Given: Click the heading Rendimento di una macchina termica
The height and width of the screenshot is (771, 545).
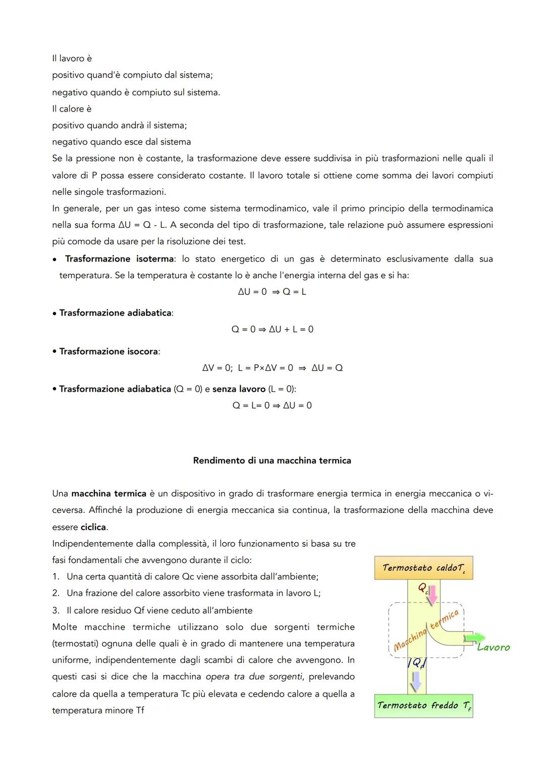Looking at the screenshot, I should [272, 460].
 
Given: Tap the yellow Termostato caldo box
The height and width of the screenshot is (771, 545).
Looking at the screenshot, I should [423, 568].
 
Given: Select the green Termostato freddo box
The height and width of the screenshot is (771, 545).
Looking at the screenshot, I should [423, 705].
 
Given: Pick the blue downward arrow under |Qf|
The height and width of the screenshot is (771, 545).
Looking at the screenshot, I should [416, 683].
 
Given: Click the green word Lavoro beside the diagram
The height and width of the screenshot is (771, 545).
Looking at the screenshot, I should [494, 647].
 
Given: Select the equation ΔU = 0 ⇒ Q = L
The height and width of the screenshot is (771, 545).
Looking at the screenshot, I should [272, 292].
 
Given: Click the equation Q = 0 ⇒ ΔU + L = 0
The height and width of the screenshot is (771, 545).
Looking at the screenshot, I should [272, 329].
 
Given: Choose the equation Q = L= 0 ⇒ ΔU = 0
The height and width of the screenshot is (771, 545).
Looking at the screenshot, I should [272, 405].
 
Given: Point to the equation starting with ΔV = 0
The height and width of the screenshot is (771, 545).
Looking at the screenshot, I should [272, 368].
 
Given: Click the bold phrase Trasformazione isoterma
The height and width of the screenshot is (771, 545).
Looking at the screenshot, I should [120, 259].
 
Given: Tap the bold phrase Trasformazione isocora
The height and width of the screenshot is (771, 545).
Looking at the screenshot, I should [108, 351].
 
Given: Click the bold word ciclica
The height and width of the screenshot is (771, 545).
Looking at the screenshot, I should [93, 527].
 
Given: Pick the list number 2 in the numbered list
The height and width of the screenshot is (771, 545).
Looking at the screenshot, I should [56, 593].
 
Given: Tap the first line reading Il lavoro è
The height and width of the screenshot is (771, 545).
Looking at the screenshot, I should [72, 59].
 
